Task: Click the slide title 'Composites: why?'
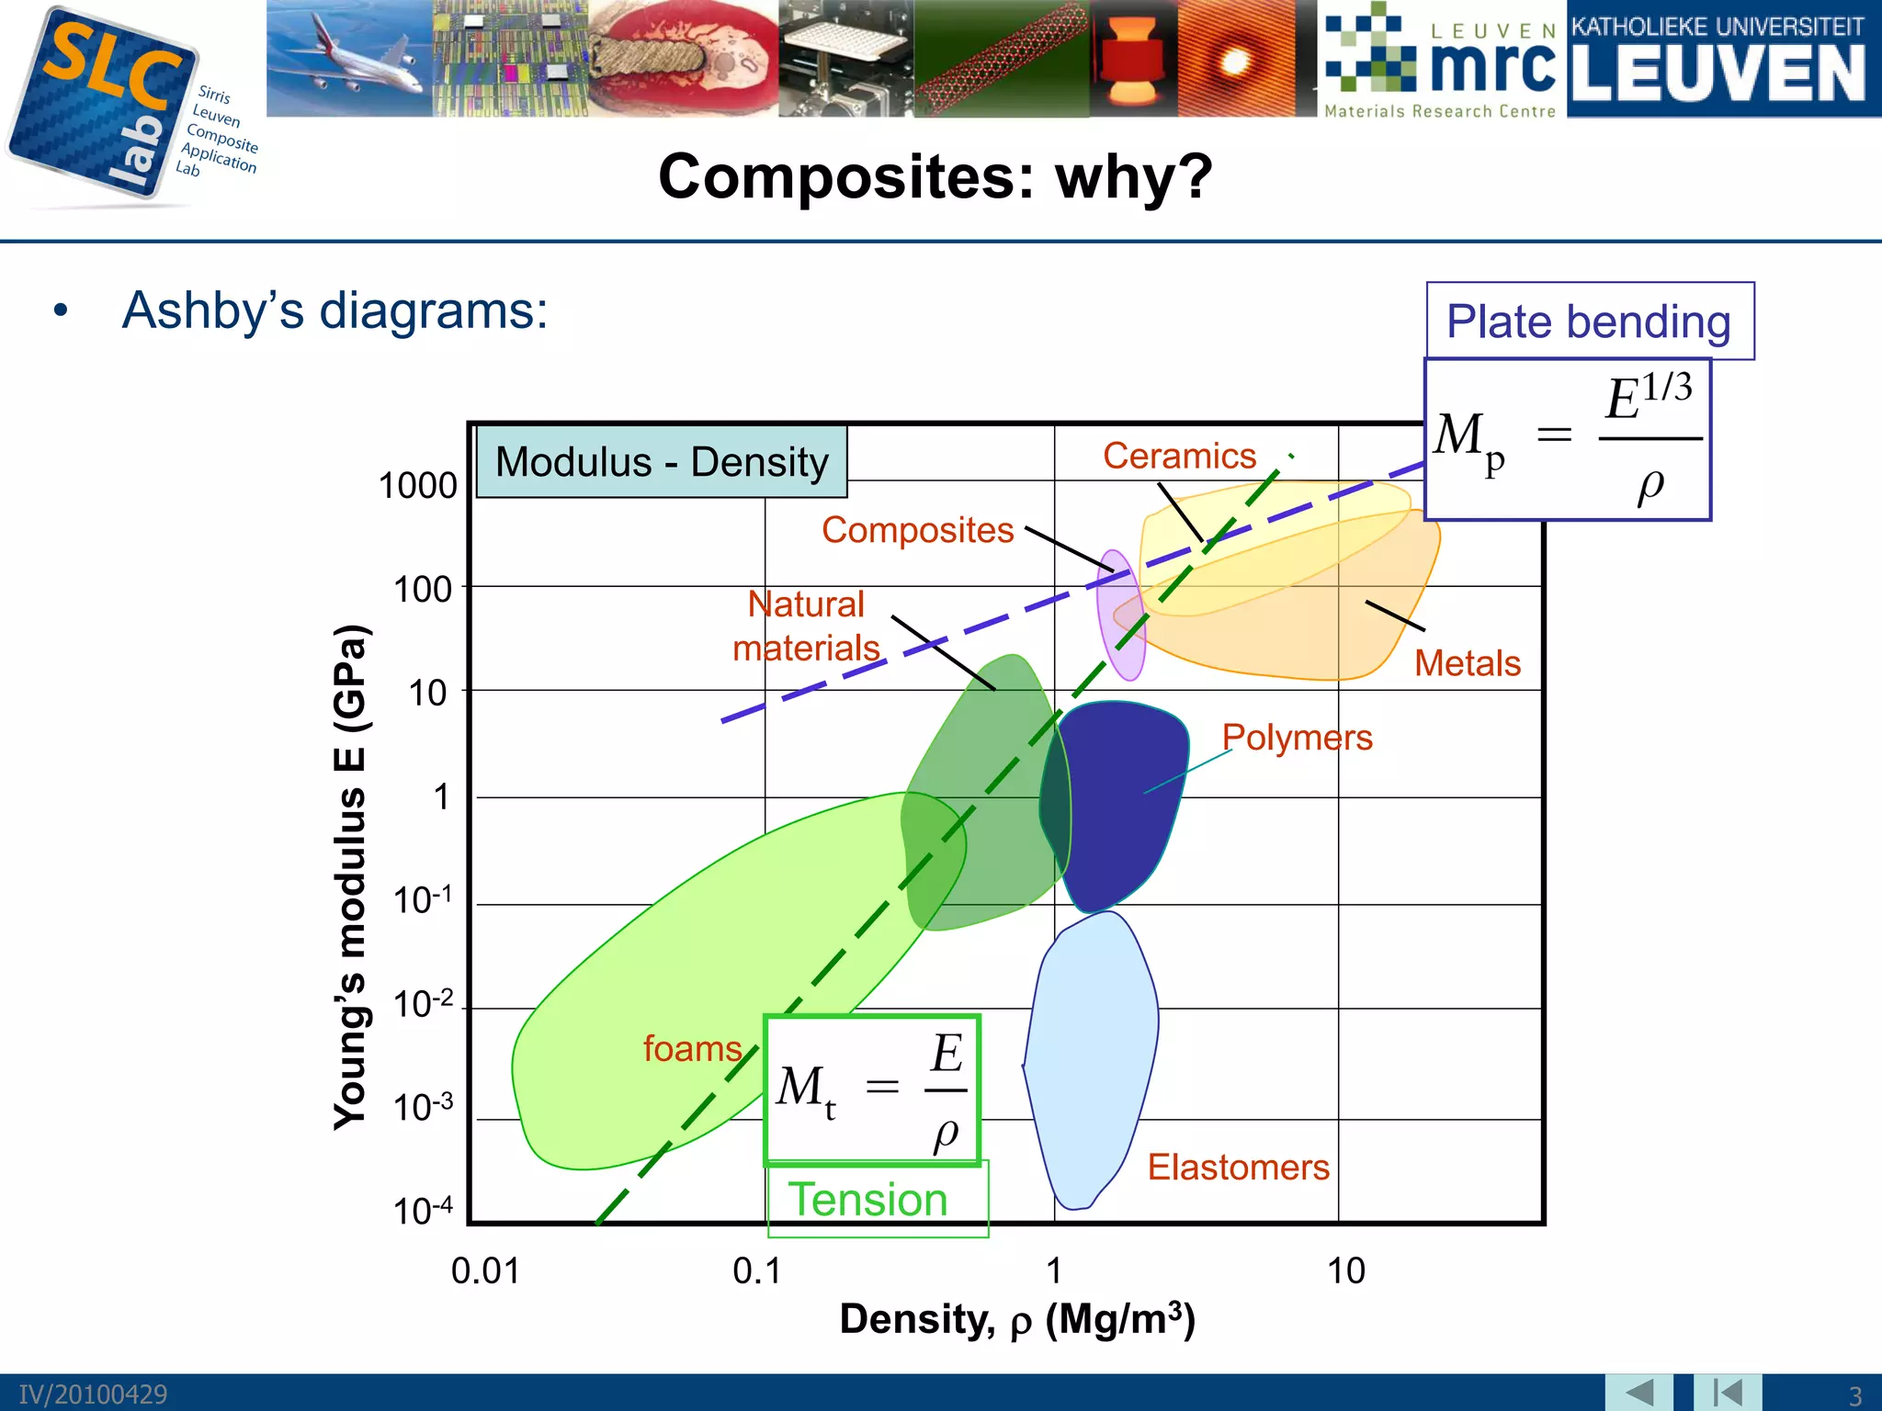point(935,176)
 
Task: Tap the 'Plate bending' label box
point(1589,322)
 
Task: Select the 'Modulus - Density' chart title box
point(662,462)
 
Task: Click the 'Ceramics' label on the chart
point(1179,456)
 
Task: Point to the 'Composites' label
point(917,530)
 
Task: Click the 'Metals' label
point(1467,663)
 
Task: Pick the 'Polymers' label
point(1297,738)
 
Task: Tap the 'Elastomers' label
point(1238,1168)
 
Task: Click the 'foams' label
point(692,1049)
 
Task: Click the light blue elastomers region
point(1089,1056)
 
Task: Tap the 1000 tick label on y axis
point(417,486)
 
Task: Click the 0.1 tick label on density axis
point(756,1271)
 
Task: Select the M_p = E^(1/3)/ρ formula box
point(1567,439)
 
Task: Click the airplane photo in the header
point(349,58)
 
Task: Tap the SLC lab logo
point(106,106)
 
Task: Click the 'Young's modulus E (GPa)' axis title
point(350,877)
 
